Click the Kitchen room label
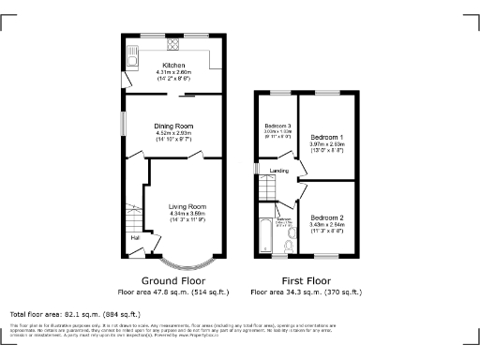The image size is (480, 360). click(x=173, y=66)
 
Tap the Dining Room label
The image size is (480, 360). click(x=173, y=125)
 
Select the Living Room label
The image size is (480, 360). click(x=187, y=206)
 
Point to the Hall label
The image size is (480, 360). click(x=135, y=237)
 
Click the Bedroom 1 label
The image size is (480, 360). click(x=327, y=138)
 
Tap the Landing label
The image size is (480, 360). click(x=279, y=171)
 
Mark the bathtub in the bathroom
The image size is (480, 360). click(x=265, y=234)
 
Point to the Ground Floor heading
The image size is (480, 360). click(x=173, y=280)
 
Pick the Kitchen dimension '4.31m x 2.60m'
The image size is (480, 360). click(x=173, y=73)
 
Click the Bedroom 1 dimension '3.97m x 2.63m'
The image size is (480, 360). click(x=327, y=145)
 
